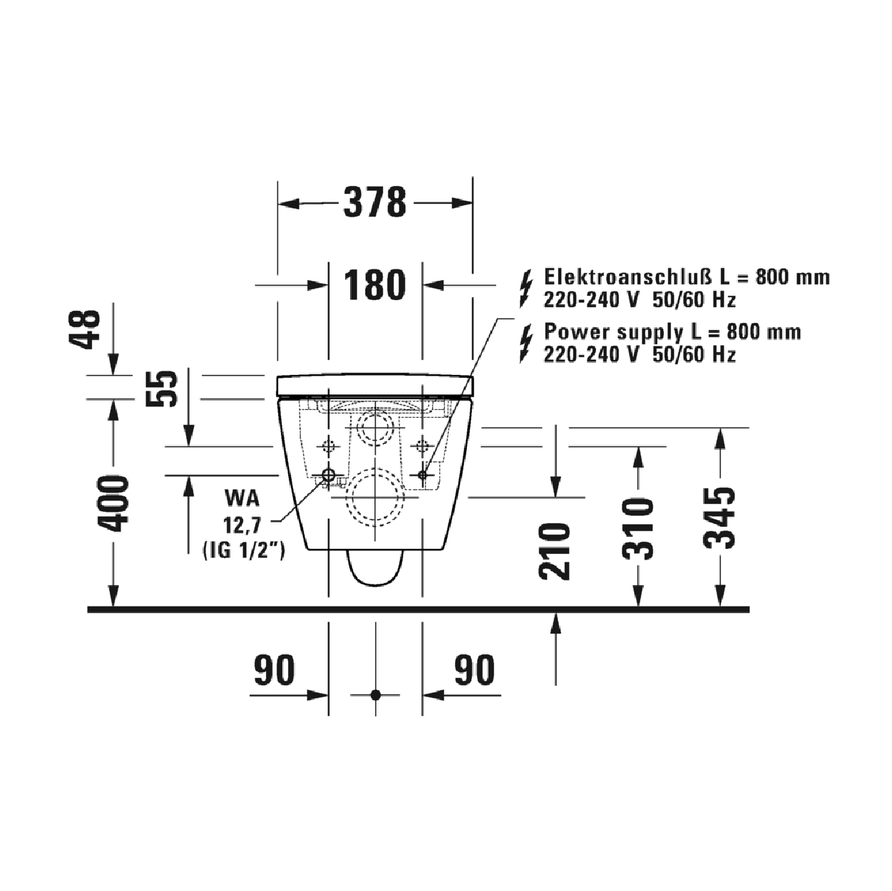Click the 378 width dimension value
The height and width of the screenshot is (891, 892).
coord(374,202)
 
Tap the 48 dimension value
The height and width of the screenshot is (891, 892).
coord(85,329)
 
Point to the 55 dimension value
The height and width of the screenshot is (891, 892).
coord(162,388)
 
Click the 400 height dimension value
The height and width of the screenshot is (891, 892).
coord(113,503)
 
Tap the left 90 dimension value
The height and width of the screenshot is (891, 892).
coord(275,670)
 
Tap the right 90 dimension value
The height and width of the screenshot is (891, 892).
coord(474,670)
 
